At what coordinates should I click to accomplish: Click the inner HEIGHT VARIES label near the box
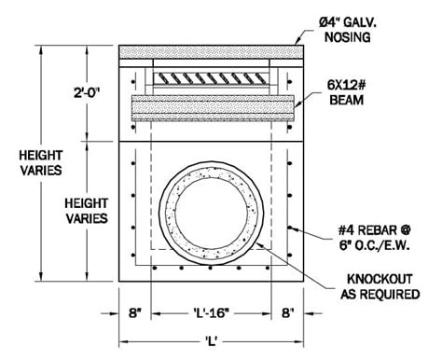87,209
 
